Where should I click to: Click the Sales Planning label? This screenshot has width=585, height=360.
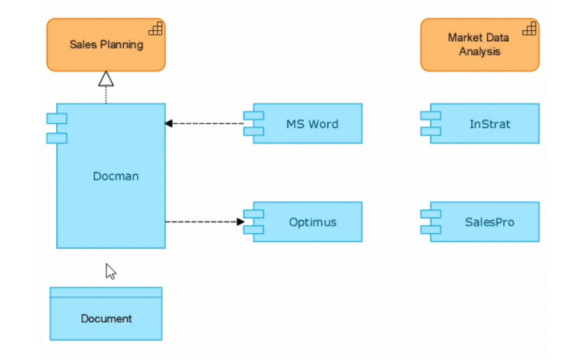tap(106, 45)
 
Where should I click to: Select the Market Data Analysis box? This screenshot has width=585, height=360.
tap(480, 45)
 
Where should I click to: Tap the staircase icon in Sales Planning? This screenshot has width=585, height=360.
tap(156, 29)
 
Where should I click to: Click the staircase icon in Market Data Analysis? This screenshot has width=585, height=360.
tap(529, 29)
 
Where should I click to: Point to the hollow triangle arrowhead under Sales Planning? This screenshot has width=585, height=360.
tap(106, 79)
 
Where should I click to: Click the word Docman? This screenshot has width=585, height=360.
tap(116, 176)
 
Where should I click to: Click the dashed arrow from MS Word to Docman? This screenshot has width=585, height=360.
tap(204, 123)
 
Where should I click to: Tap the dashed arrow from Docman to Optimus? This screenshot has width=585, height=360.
tap(205, 222)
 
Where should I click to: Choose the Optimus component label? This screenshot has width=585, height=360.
tap(313, 222)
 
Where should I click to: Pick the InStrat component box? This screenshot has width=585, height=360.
tap(480, 123)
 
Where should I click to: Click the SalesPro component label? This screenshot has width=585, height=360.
tap(490, 222)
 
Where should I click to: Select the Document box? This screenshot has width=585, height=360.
tap(106, 314)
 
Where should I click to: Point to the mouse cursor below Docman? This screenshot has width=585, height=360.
tap(110, 272)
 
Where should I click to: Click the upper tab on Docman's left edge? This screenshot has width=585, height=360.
tap(57, 119)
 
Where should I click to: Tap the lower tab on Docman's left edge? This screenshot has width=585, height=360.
tap(57, 139)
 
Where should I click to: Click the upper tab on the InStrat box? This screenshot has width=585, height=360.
tap(431, 116)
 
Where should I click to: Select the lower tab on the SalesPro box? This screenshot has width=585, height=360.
tap(431, 230)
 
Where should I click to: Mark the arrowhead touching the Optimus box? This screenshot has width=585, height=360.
tap(241, 222)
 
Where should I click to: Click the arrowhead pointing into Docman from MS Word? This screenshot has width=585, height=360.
tap(169, 123)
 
